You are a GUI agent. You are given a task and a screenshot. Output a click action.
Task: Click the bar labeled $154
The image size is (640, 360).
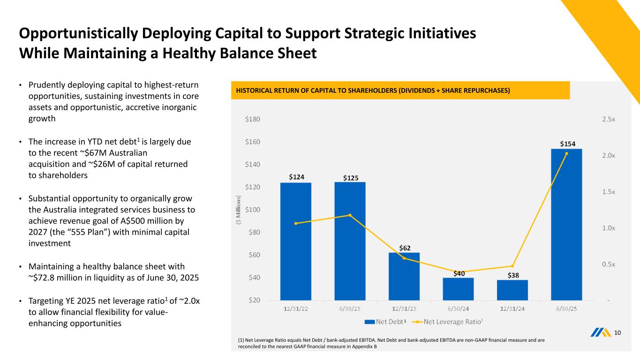(x=566, y=225)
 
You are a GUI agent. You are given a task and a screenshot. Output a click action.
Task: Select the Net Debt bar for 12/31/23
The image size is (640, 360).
(x=404, y=277)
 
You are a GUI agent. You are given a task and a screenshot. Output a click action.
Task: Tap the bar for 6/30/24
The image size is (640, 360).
(x=458, y=289)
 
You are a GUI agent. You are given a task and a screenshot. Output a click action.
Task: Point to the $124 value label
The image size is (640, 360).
(x=296, y=177)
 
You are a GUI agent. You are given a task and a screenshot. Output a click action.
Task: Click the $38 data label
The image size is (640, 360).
(x=514, y=275)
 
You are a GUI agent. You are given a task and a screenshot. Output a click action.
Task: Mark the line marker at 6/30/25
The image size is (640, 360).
(x=566, y=153)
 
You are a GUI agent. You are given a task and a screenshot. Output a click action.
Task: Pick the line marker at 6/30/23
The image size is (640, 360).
(x=350, y=215)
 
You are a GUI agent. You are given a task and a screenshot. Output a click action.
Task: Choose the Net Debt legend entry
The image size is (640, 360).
(x=384, y=322)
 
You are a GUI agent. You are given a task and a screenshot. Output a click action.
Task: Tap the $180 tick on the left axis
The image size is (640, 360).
(x=253, y=120)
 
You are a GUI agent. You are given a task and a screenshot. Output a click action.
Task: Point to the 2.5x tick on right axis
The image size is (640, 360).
(x=609, y=120)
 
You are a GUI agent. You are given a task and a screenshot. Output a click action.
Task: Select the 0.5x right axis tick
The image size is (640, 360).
(x=609, y=264)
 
